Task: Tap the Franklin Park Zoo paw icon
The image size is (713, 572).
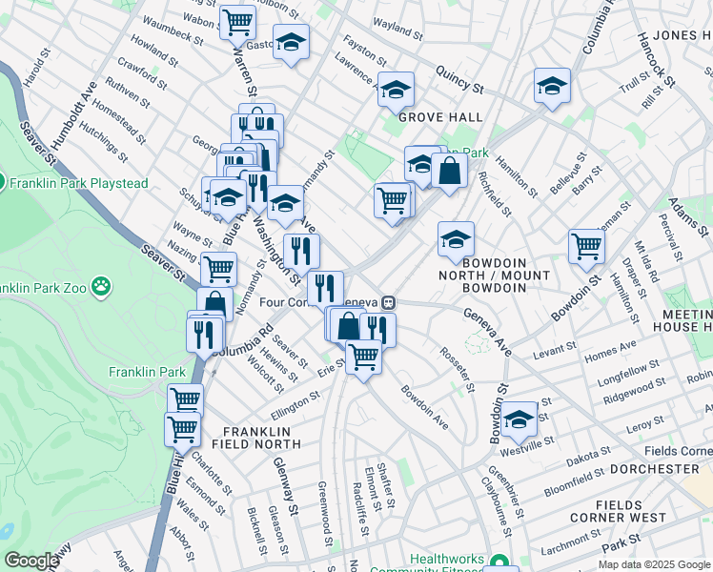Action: click(x=101, y=285)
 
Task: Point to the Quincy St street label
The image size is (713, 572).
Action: click(x=459, y=79)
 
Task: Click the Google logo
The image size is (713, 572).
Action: click(x=31, y=561)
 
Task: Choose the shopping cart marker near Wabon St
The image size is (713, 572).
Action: click(x=237, y=20)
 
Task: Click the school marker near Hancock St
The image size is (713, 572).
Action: click(x=552, y=86)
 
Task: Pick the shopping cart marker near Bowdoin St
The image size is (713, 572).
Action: click(x=586, y=245)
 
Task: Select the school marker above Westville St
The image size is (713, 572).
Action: click(x=519, y=418)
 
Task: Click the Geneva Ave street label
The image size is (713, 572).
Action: click(x=487, y=331)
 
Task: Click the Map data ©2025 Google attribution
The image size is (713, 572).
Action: click(x=653, y=564)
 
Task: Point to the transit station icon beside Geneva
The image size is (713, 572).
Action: click(x=388, y=302)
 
